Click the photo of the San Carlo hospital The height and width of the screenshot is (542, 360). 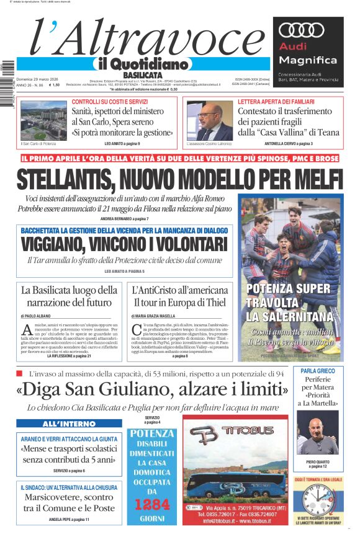pyautogui.click(x=43, y=121)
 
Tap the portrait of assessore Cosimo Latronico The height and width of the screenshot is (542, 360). pyautogui.click(x=210, y=122)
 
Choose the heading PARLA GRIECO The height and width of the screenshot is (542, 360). pyautogui.click(x=317, y=371)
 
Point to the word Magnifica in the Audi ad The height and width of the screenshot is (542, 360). pyautogui.click(x=308, y=60)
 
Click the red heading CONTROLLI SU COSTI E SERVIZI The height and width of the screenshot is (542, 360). pyautogui.click(x=109, y=102)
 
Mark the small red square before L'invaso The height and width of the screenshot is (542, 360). pyautogui.click(x=19, y=373)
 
